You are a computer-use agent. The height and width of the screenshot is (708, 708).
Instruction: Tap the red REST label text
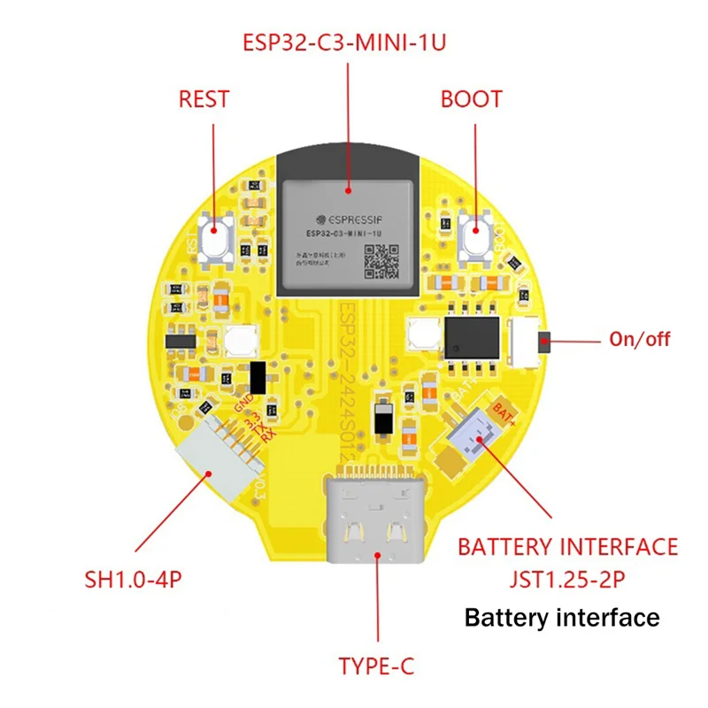[x=204, y=98]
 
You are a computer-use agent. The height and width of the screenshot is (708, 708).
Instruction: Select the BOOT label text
[x=471, y=98]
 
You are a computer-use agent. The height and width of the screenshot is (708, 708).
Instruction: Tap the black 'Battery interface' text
[x=562, y=617]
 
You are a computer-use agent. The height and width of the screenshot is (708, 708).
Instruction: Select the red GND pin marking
[x=243, y=403]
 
